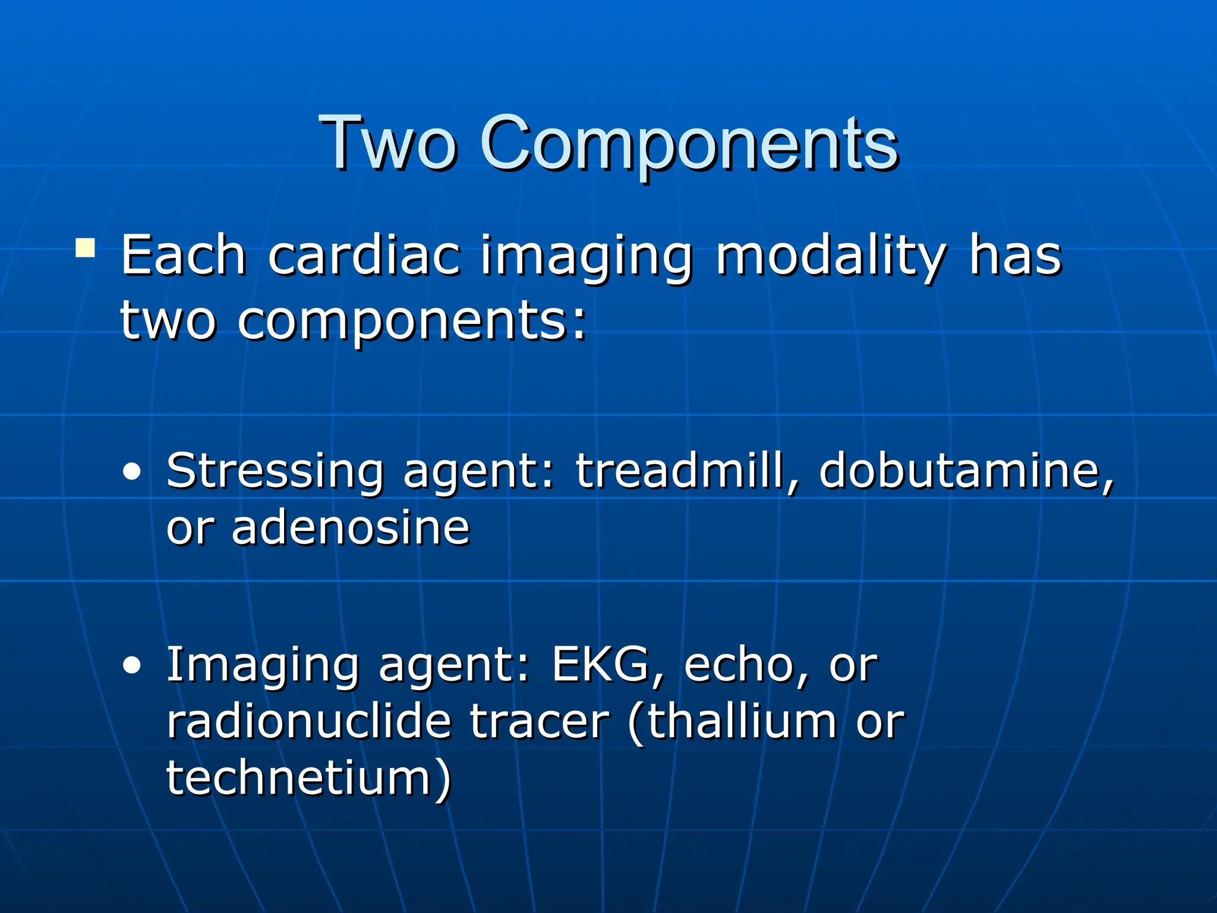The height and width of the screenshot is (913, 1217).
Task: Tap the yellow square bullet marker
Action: (x=85, y=248)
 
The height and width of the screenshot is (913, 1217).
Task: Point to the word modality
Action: (x=830, y=257)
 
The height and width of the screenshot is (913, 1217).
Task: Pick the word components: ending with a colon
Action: (x=412, y=321)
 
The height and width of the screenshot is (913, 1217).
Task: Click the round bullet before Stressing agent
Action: (x=132, y=473)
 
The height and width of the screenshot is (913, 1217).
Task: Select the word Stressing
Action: (x=275, y=471)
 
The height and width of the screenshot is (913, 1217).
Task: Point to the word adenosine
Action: (x=351, y=527)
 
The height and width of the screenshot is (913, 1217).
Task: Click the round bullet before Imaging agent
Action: (x=132, y=666)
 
